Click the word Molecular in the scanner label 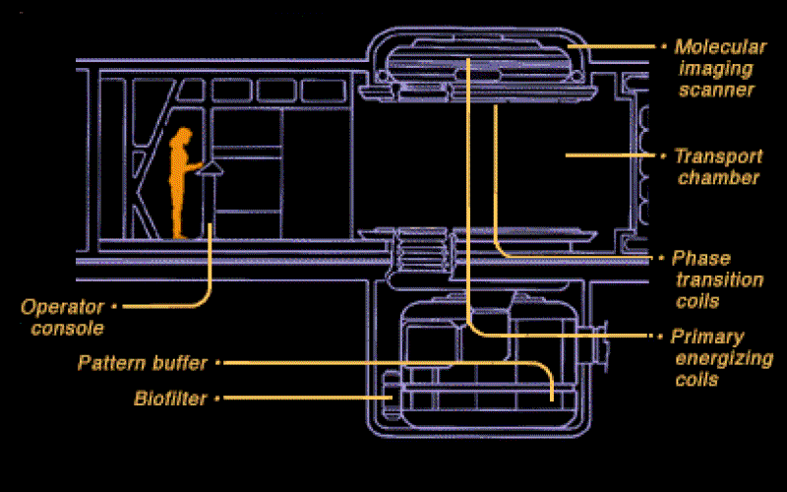(x=720, y=46)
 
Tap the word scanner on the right (x=717, y=90)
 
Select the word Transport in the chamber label (x=718, y=156)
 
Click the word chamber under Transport (x=718, y=178)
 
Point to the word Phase (x=701, y=259)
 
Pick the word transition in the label (x=720, y=279)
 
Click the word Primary (x=707, y=338)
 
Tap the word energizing (x=724, y=359)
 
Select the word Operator (x=62, y=307)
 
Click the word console (x=67, y=329)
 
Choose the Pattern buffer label (x=143, y=363)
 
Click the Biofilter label (x=170, y=399)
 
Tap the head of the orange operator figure (x=183, y=136)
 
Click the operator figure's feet (x=181, y=235)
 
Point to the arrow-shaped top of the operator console (x=210, y=168)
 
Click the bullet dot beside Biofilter (x=217, y=399)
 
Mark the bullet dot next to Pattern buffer (x=217, y=362)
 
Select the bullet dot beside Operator (x=114, y=306)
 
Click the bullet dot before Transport (x=663, y=155)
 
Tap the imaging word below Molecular (x=716, y=69)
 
